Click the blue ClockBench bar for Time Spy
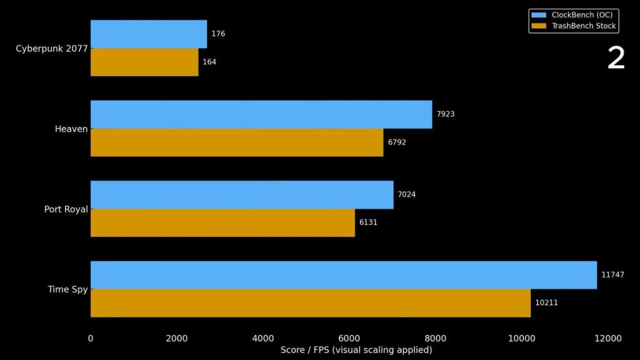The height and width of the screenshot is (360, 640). point(344,275)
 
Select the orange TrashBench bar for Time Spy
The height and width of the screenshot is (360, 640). point(311,303)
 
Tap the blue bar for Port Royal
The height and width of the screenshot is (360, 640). point(242,195)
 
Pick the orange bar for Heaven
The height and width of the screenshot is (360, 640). point(237,142)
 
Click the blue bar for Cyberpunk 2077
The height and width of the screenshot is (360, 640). point(149,34)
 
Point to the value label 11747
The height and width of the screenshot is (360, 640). point(612,275)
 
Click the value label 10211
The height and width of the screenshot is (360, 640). point(546,303)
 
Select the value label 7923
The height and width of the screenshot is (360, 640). point(446,114)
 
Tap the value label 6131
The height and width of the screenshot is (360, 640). point(368,222)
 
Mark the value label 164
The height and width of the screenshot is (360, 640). point(209,62)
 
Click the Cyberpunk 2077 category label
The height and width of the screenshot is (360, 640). point(52,48)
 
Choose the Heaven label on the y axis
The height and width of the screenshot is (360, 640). point(71,129)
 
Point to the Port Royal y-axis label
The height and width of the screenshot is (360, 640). point(66,209)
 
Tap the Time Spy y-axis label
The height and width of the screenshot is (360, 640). point(67,289)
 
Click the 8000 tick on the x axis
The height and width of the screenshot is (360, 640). point(436,339)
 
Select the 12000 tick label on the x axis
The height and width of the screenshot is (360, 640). point(608,339)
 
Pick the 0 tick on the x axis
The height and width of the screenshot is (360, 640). point(91,339)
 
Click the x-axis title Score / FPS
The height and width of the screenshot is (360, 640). point(356,350)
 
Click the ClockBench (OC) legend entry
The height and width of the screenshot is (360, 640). point(573,15)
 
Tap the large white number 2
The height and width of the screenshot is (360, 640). point(616,59)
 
